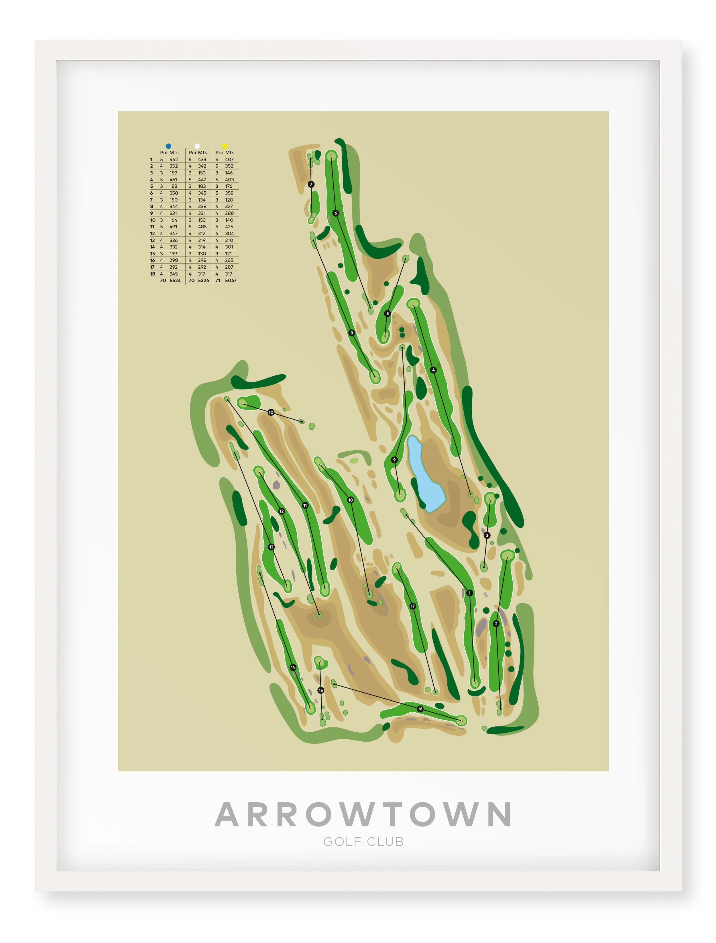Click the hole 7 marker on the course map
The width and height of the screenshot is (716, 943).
pyautogui.click(x=311, y=184)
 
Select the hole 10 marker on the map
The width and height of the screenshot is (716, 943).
pyautogui.click(x=271, y=412)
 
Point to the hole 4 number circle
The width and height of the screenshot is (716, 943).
pyautogui.click(x=433, y=370)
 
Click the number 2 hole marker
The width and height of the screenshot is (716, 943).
pyautogui.click(x=496, y=624)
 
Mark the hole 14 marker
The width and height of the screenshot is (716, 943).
pyautogui.click(x=293, y=668)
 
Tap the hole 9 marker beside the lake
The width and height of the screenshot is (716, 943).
pyautogui.click(x=394, y=460)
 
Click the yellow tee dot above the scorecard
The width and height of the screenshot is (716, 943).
pyautogui.click(x=225, y=146)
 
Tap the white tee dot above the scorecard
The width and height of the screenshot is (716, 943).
pyautogui.click(x=197, y=146)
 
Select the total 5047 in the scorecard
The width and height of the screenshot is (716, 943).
pyautogui.click(x=231, y=280)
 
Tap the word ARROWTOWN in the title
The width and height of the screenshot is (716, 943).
pyautogui.click(x=363, y=815)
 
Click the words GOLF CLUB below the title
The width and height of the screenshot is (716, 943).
pyautogui.click(x=363, y=842)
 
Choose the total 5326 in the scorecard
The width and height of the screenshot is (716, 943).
pyautogui.click(x=203, y=280)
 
